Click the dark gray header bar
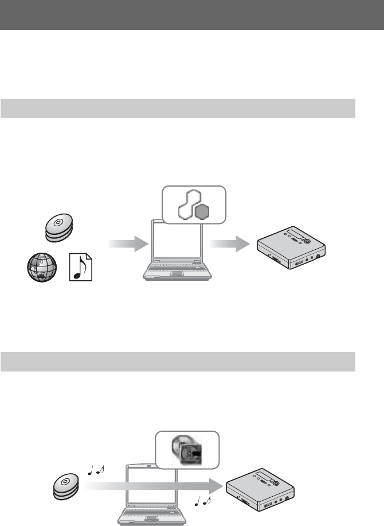(192, 14)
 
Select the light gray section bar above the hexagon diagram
(178, 108)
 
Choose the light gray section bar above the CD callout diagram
(178, 361)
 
